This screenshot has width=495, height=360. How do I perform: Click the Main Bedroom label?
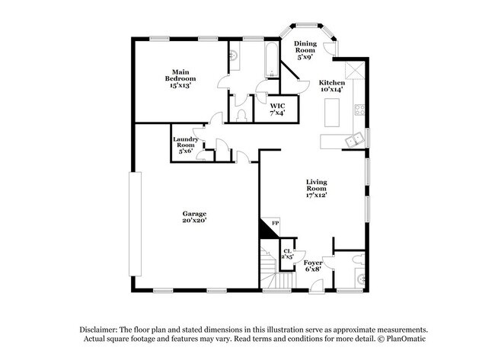pos(181,78)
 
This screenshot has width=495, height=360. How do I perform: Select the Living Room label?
pos(316,187)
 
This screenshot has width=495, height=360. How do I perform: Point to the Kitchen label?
pos(331,85)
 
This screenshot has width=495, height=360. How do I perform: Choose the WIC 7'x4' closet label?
pos(277,109)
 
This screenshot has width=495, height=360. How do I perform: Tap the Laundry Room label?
pos(186,144)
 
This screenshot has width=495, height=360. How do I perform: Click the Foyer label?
pos(314,265)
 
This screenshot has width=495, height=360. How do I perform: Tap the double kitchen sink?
pos(353,139)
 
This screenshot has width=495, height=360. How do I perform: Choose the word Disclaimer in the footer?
pos(102,328)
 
